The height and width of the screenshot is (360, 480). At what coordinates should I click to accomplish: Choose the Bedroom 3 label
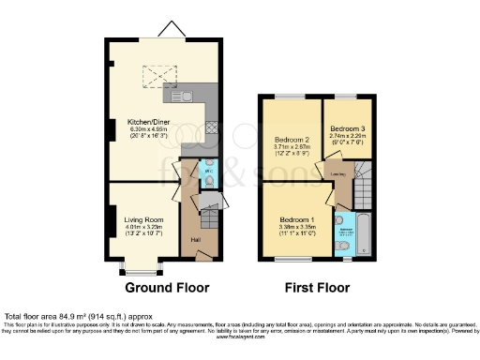347,127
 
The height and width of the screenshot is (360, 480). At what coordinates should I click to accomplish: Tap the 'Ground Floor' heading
167,287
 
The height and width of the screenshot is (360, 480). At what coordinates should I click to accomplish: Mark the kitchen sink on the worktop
179,94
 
